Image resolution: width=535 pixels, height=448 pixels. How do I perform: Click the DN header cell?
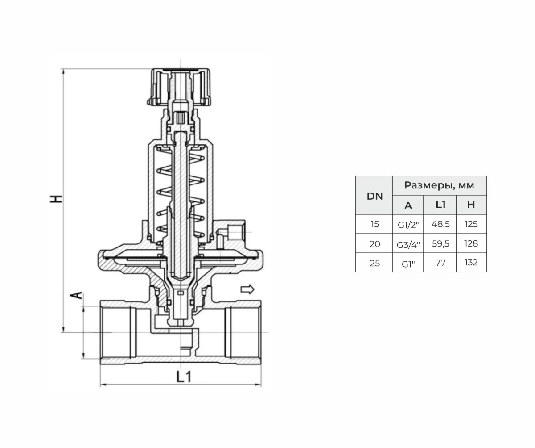pos(374,196)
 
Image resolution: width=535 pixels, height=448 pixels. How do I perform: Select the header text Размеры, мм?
pos(439,185)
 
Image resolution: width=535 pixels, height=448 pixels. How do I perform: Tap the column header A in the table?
pos(408,205)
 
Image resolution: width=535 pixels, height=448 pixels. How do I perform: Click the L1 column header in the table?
pos(440,205)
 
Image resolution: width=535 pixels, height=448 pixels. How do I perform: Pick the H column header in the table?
pos(471,205)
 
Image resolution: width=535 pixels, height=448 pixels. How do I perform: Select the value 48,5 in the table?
pos(440,224)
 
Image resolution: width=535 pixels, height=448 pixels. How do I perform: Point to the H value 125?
pos(471,224)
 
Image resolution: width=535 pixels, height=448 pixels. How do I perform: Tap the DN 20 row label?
pos(374,244)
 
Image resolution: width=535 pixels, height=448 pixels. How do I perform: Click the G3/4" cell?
pos(408,245)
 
